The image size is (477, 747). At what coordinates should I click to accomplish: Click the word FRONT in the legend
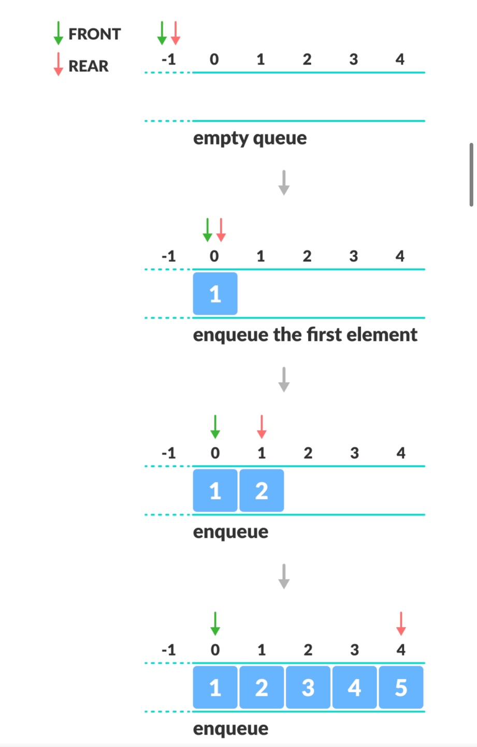(x=94, y=34)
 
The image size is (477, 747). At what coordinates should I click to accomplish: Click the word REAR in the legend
(x=89, y=66)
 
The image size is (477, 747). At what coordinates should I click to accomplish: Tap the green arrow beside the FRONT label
(x=59, y=33)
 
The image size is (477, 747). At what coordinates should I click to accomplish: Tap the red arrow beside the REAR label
(x=59, y=64)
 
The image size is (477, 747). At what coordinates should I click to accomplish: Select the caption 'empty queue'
(x=250, y=139)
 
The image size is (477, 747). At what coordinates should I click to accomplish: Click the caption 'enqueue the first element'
(x=305, y=335)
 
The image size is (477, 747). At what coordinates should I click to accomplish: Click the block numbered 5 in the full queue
(x=401, y=688)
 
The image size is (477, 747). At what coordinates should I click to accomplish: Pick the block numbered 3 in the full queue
(x=308, y=688)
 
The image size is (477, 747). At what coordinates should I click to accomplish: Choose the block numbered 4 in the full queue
(x=354, y=688)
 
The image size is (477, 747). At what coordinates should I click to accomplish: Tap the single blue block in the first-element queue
(x=215, y=294)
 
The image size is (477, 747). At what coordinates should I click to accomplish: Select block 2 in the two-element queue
(x=262, y=491)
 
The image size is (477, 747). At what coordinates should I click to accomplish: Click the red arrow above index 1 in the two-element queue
(x=262, y=426)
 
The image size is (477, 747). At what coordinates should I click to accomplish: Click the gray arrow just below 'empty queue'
(x=284, y=183)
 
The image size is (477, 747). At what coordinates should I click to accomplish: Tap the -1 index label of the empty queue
(x=168, y=60)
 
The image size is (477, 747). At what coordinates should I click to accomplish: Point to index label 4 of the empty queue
(x=400, y=60)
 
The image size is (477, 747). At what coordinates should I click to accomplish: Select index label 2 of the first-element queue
(x=307, y=256)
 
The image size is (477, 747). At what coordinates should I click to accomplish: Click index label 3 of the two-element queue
(x=354, y=453)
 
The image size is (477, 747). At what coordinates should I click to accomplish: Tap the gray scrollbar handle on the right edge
(x=471, y=175)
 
